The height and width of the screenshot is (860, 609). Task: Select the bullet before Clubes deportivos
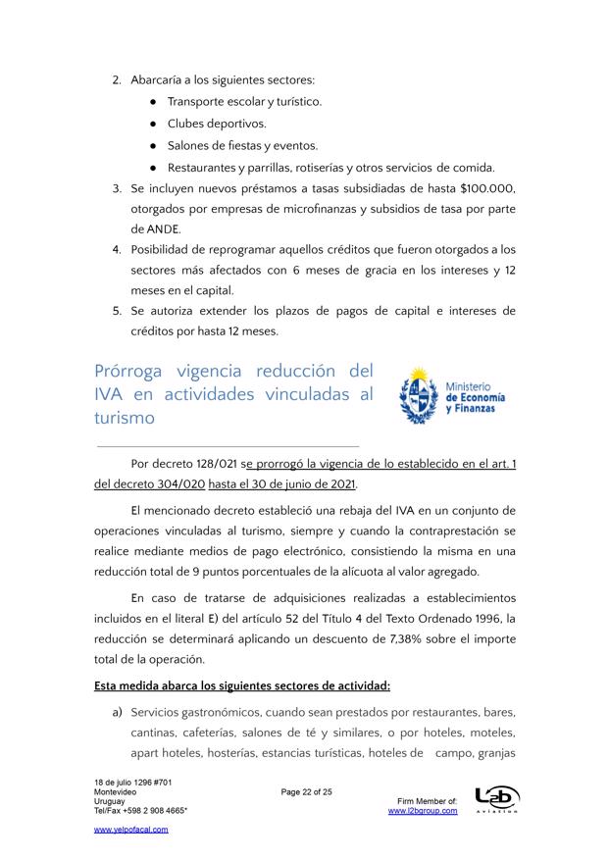[154, 124]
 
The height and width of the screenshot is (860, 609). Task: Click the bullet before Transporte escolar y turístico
[154, 101]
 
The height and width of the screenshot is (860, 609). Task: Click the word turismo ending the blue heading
[125, 418]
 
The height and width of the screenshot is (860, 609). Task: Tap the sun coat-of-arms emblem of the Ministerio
[419, 394]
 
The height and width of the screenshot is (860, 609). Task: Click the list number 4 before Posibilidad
[116, 249]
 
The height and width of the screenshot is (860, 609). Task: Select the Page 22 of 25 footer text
[307, 791]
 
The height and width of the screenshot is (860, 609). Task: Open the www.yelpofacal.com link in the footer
[130, 830]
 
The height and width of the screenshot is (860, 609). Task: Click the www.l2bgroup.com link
[423, 811]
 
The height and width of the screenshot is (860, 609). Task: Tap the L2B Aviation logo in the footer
[496, 800]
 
